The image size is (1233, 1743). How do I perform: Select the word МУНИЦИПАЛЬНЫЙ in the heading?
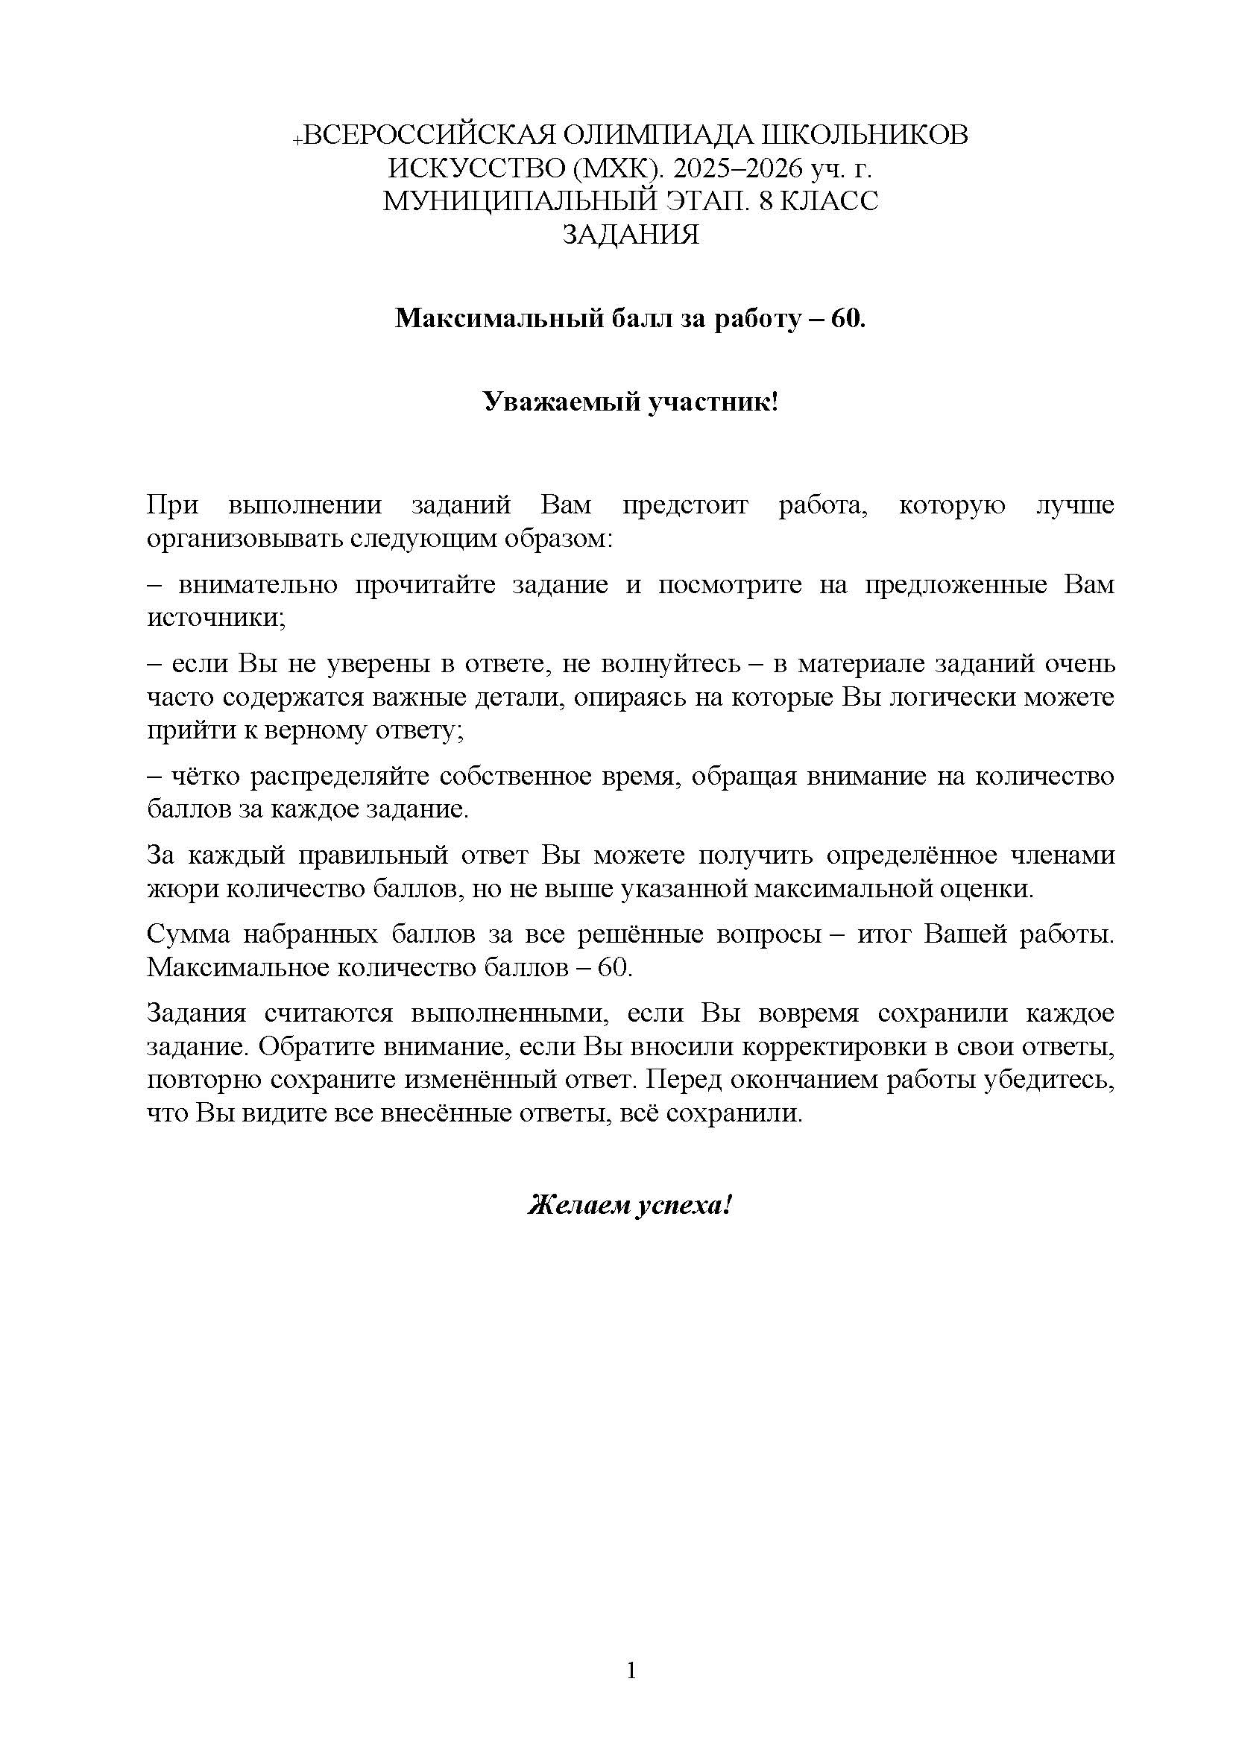click(x=520, y=201)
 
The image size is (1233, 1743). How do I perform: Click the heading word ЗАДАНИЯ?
click(x=630, y=235)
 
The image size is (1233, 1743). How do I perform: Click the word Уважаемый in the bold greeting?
click(x=559, y=402)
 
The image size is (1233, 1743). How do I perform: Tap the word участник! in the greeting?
click(x=713, y=402)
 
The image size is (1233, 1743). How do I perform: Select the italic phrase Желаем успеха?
click(x=629, y=1204)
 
